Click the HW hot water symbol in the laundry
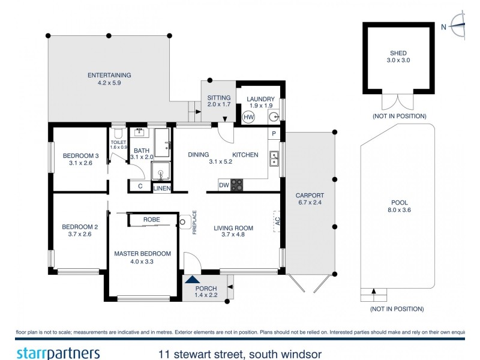pyautogui.click(x=249, y=116)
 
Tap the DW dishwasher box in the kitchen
pyautogui.click(x=223, y=185)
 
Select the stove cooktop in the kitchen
pyautogui.click(x=238, y=185)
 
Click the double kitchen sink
pyautogui.click(x=274, y=158)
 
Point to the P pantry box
pyautogui.click(x=274, y=133)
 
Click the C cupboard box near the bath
pyautogui.click(x=140, y=187)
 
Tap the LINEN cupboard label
pyautogui.click(x=162, y=188)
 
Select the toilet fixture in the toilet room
pyautogui.click(x=118, y=134)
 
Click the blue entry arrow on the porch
pyautogui.click(x=193, y=278)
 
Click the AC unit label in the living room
pyautogui.click(x=277, y=221)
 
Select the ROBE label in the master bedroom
pyautogui.click(x=152, y=220)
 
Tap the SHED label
pyautogui.click(x=398, y=53)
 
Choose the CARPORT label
pyautogui.click(x=310, y=196)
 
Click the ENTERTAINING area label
pyautogui.click(x=109, y=76)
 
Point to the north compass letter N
pyautogui.click(x=443, y=26)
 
